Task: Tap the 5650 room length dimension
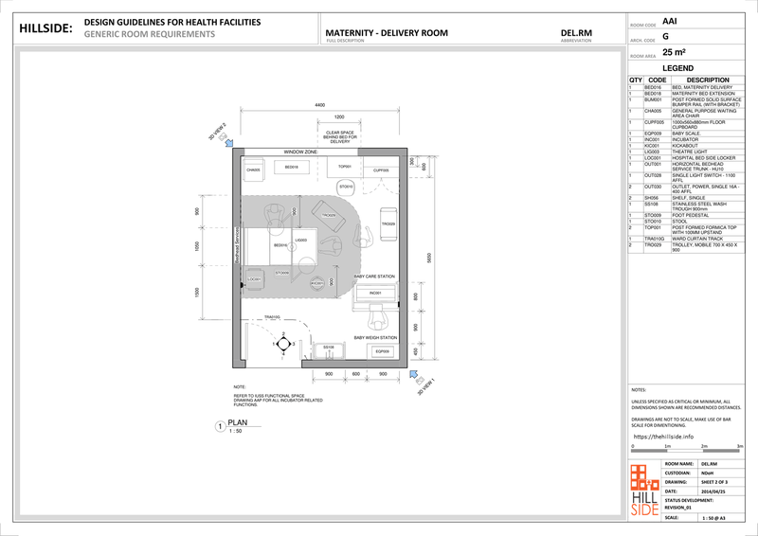click(x=429, y=258)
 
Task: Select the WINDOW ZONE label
click(x=299, y=152)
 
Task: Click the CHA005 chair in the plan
click(x=253, y=170)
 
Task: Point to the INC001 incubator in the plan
click(x=375, y=295)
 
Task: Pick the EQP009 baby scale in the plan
click(x=382, y=351)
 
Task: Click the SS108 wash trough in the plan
click(x=329, y=348)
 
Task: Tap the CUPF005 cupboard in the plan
click(x=381, y=170)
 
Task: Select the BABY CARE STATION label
click(x=373, y=277)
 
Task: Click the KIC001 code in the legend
click(x=653, y=145)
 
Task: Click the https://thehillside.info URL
click(x=662, y=438)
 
